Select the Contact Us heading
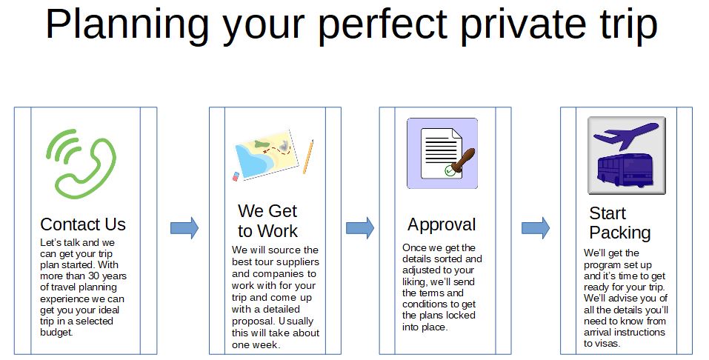pos(83,224)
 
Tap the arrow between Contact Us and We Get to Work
pos(184,228)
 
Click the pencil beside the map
pos(308,156)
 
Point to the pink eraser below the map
pos(236,176)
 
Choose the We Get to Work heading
pos(267,221)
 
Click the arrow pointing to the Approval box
pos(360,228)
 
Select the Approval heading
pos(442,224)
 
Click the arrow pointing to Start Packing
pos(536,228)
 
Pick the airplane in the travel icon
pos(625,136)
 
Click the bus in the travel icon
pos(626,171)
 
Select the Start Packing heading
pos(620,222)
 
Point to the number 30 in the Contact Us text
pos(94,276)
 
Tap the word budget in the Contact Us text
pos(56,333)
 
